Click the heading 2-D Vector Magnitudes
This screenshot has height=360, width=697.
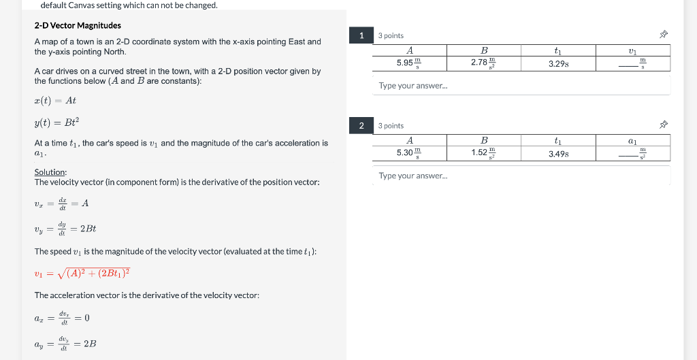(78, 25)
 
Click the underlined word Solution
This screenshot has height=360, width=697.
(50, 172)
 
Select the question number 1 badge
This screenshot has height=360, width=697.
(361, 35)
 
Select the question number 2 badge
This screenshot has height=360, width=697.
(361, 125)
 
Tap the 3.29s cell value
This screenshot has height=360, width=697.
(558, 63)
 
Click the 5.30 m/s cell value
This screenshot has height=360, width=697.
(409, 153)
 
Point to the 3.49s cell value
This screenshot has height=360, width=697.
(558, 153)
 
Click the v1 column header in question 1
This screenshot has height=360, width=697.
(632, 50)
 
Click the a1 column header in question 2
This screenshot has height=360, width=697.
(632, 140)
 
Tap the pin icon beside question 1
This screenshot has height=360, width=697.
(664, 35)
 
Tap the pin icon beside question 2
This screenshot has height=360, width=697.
(664, 125)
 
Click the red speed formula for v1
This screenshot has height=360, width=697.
(82, 274)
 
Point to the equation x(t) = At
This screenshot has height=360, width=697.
(55, 101)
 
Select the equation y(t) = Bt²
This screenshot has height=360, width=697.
(56, 122)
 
